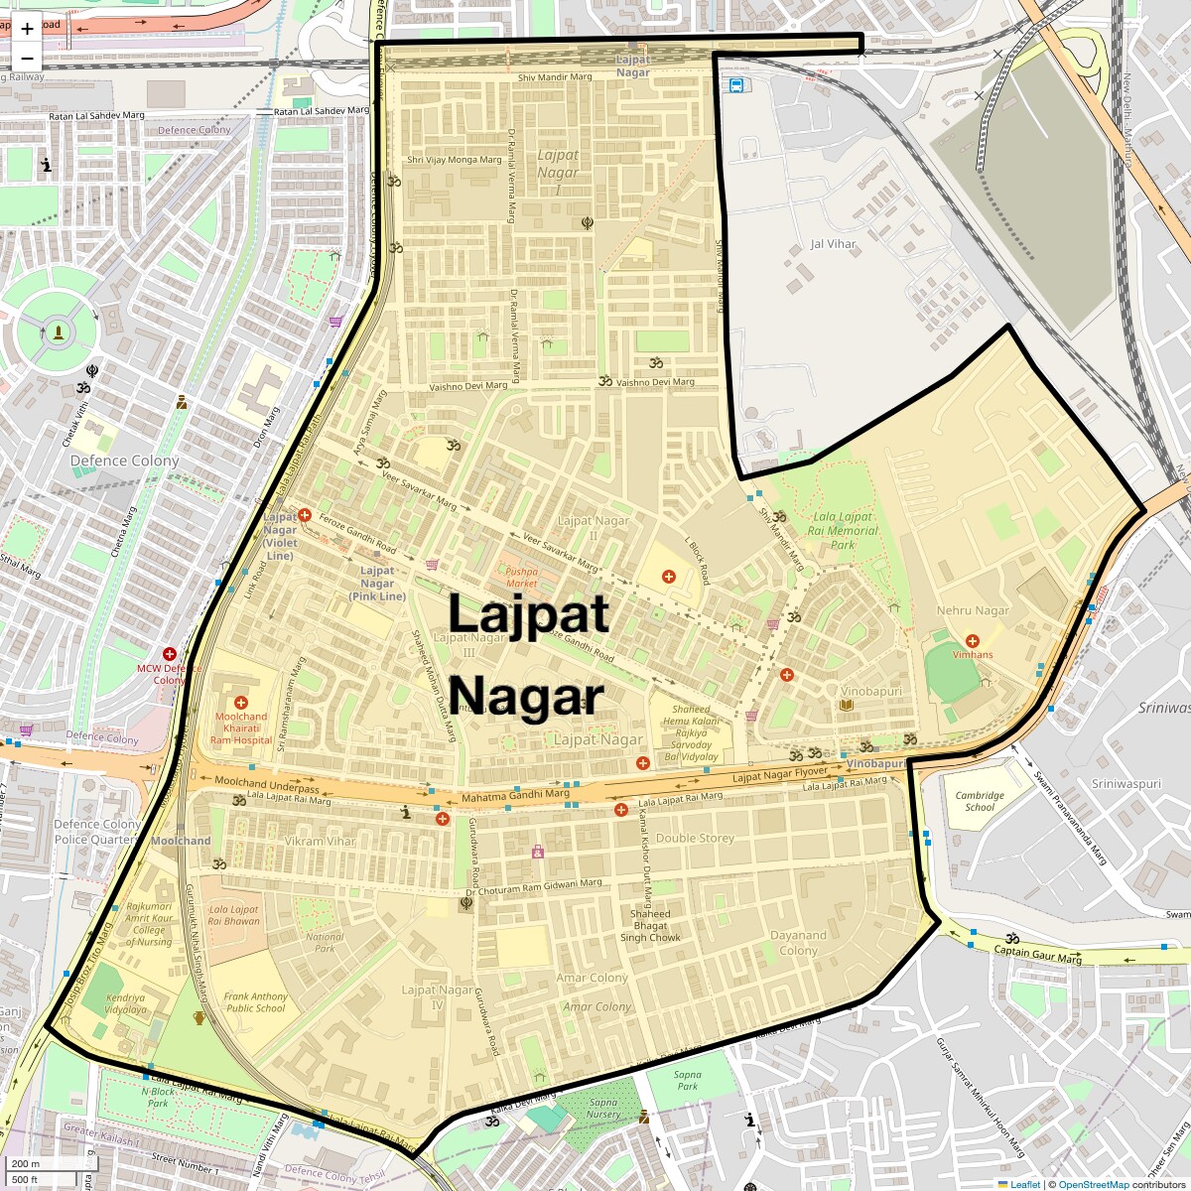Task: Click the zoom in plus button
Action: [27, 29]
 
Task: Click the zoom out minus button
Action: [27, 58]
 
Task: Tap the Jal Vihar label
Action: [833, 244]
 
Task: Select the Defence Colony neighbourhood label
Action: [124, 461]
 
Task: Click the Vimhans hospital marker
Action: [973, 640]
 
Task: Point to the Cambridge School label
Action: [980, 801]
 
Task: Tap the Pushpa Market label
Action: [521, 577]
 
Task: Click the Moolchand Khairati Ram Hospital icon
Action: [241, 703]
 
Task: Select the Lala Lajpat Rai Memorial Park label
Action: [843, 530]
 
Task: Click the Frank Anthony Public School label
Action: [255, 1002]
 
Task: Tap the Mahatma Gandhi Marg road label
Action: [515, 795]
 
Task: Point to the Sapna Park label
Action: [688, 1080]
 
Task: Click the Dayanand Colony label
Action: [798, 943]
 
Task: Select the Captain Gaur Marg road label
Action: [1038, 955]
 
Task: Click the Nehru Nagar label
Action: [973, 610]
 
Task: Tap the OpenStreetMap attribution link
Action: [1093, 1184]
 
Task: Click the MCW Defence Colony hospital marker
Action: [170, 654]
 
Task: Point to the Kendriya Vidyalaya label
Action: [126, 1003]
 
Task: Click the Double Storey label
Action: [695, 838]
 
